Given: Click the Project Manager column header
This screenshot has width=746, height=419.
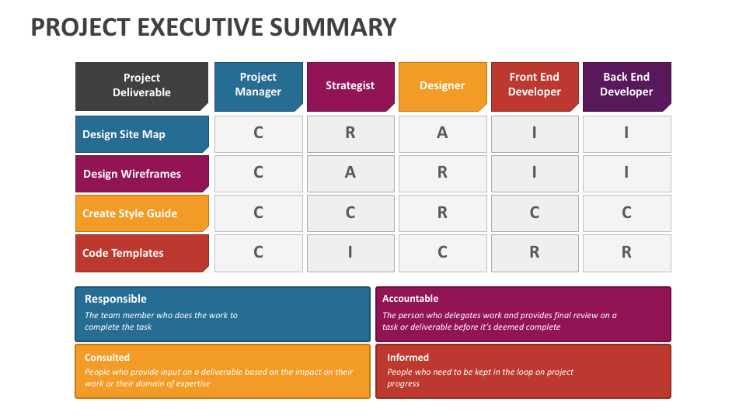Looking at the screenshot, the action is pos(258,86).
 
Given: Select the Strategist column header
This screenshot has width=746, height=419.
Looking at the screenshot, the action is pos(350,86).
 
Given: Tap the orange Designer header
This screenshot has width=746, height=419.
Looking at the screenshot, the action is pos(442,86).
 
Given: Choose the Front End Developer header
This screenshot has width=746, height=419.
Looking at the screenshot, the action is pos(535,86).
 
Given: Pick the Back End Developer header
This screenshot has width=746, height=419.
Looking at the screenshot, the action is pos(626,86).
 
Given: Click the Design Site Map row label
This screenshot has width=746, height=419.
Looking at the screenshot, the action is pos(141,134).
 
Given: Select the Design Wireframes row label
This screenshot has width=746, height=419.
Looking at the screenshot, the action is pos(141,174).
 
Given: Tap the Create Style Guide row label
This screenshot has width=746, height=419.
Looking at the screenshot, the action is pos(141,213).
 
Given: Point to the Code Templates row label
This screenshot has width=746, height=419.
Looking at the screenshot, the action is pos(141,253).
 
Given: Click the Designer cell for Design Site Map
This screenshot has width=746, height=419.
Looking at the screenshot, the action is pos(442,134).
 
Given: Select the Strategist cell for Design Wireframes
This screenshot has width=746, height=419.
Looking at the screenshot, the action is pos(350,174).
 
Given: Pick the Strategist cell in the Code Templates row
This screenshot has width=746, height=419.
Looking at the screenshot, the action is pos(350,253).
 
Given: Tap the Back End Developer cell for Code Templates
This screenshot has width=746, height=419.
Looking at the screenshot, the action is pos(626,253).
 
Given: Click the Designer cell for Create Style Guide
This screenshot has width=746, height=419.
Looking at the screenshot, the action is pos(442,213).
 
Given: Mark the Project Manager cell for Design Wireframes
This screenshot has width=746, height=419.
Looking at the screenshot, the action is pos(258,174).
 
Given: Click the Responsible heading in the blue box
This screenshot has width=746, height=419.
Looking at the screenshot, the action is pos(116,300).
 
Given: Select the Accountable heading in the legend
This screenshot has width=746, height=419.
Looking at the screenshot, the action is pos(410,298).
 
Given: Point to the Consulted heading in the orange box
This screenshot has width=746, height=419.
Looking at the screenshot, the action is pos(107,357).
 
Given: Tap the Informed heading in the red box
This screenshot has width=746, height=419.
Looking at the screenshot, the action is pos(408,357).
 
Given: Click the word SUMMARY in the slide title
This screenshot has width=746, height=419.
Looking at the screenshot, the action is pos(333,27).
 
